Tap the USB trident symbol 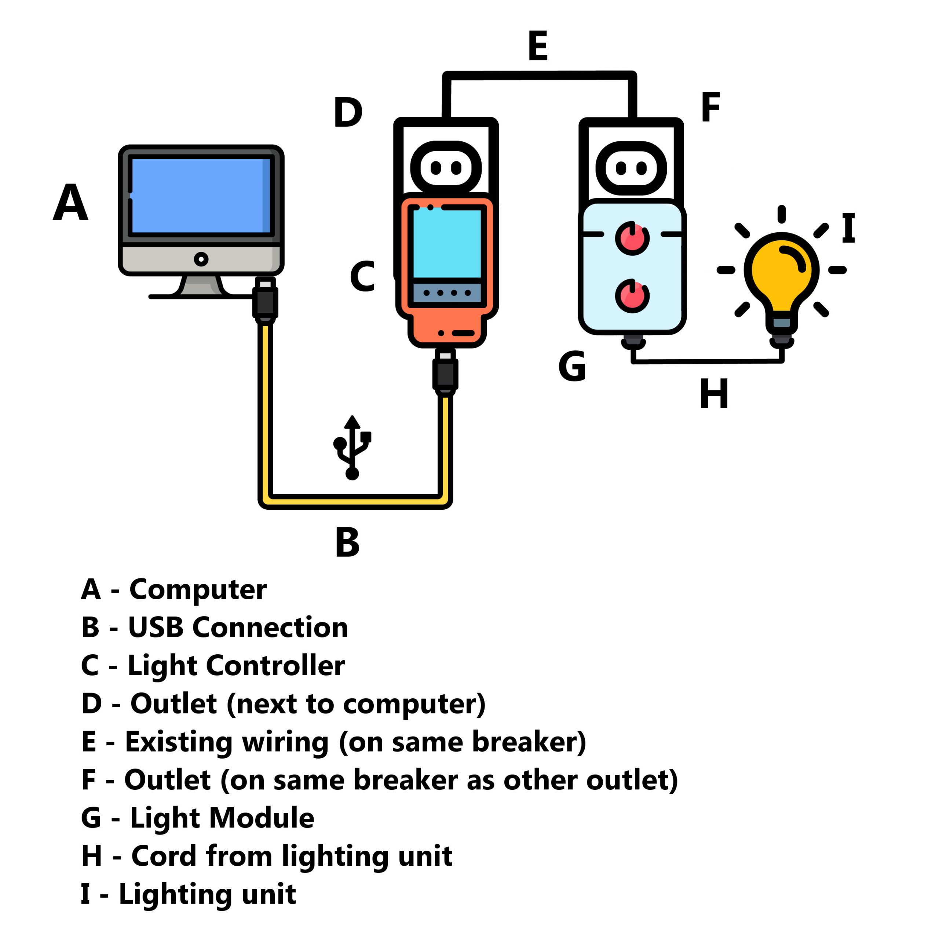[352, 448]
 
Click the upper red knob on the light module [632, 238]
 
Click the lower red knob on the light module [632, 296]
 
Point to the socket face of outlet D [446, 168]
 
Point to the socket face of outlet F [631, 168]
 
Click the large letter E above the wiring [538, 46]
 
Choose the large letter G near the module [572, 366]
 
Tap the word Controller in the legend [275, 666]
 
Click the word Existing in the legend [178, 742]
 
